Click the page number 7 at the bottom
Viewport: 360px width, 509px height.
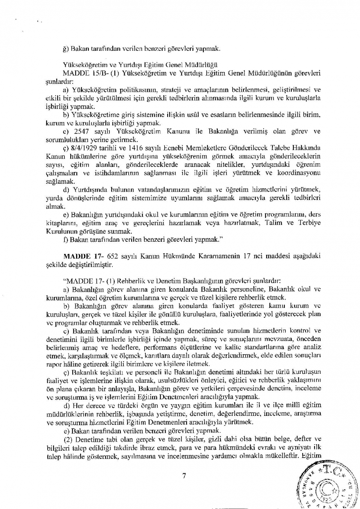point(184,476)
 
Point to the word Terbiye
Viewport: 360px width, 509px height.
point(309,223)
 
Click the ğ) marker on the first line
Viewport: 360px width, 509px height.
point(66,49)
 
